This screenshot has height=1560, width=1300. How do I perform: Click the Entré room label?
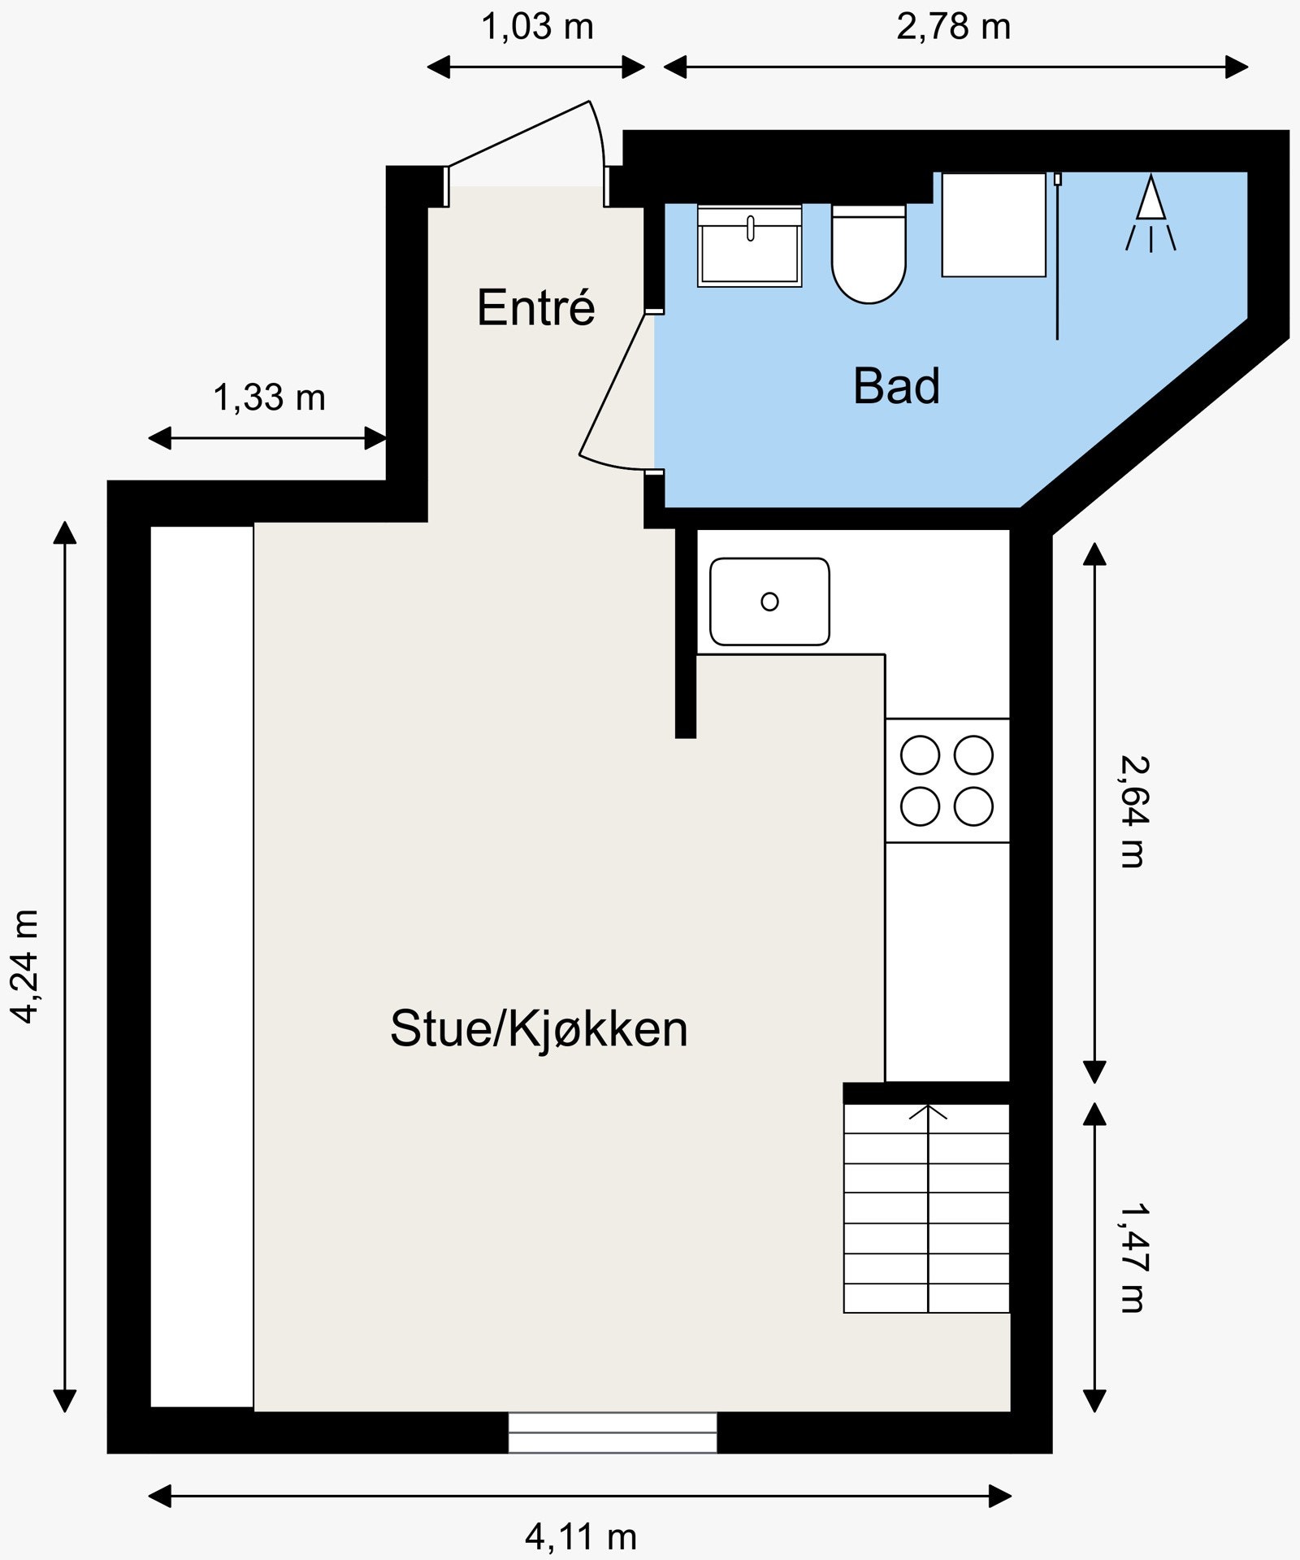click(535, 307)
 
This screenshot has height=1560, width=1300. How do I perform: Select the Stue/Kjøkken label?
click(539, 1028)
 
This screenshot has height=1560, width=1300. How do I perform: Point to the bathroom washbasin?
click(749, 246)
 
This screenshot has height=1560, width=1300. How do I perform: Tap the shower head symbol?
click(1150, 200)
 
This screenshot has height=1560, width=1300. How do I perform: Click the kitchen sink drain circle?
click(769, 602)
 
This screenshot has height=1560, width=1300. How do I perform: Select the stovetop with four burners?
click(947, 780)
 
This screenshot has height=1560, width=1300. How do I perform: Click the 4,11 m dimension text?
click(580, 1536)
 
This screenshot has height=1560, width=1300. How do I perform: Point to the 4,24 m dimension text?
click(24, 966)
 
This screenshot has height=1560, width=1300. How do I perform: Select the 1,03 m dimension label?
click(537, 27)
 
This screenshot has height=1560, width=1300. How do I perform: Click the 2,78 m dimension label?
click(953, 27)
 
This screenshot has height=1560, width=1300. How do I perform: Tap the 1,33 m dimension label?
click(269, 398)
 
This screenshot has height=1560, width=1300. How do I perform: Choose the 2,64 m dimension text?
click(1133, 811)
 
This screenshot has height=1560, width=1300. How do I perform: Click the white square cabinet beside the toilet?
click(993, 225)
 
